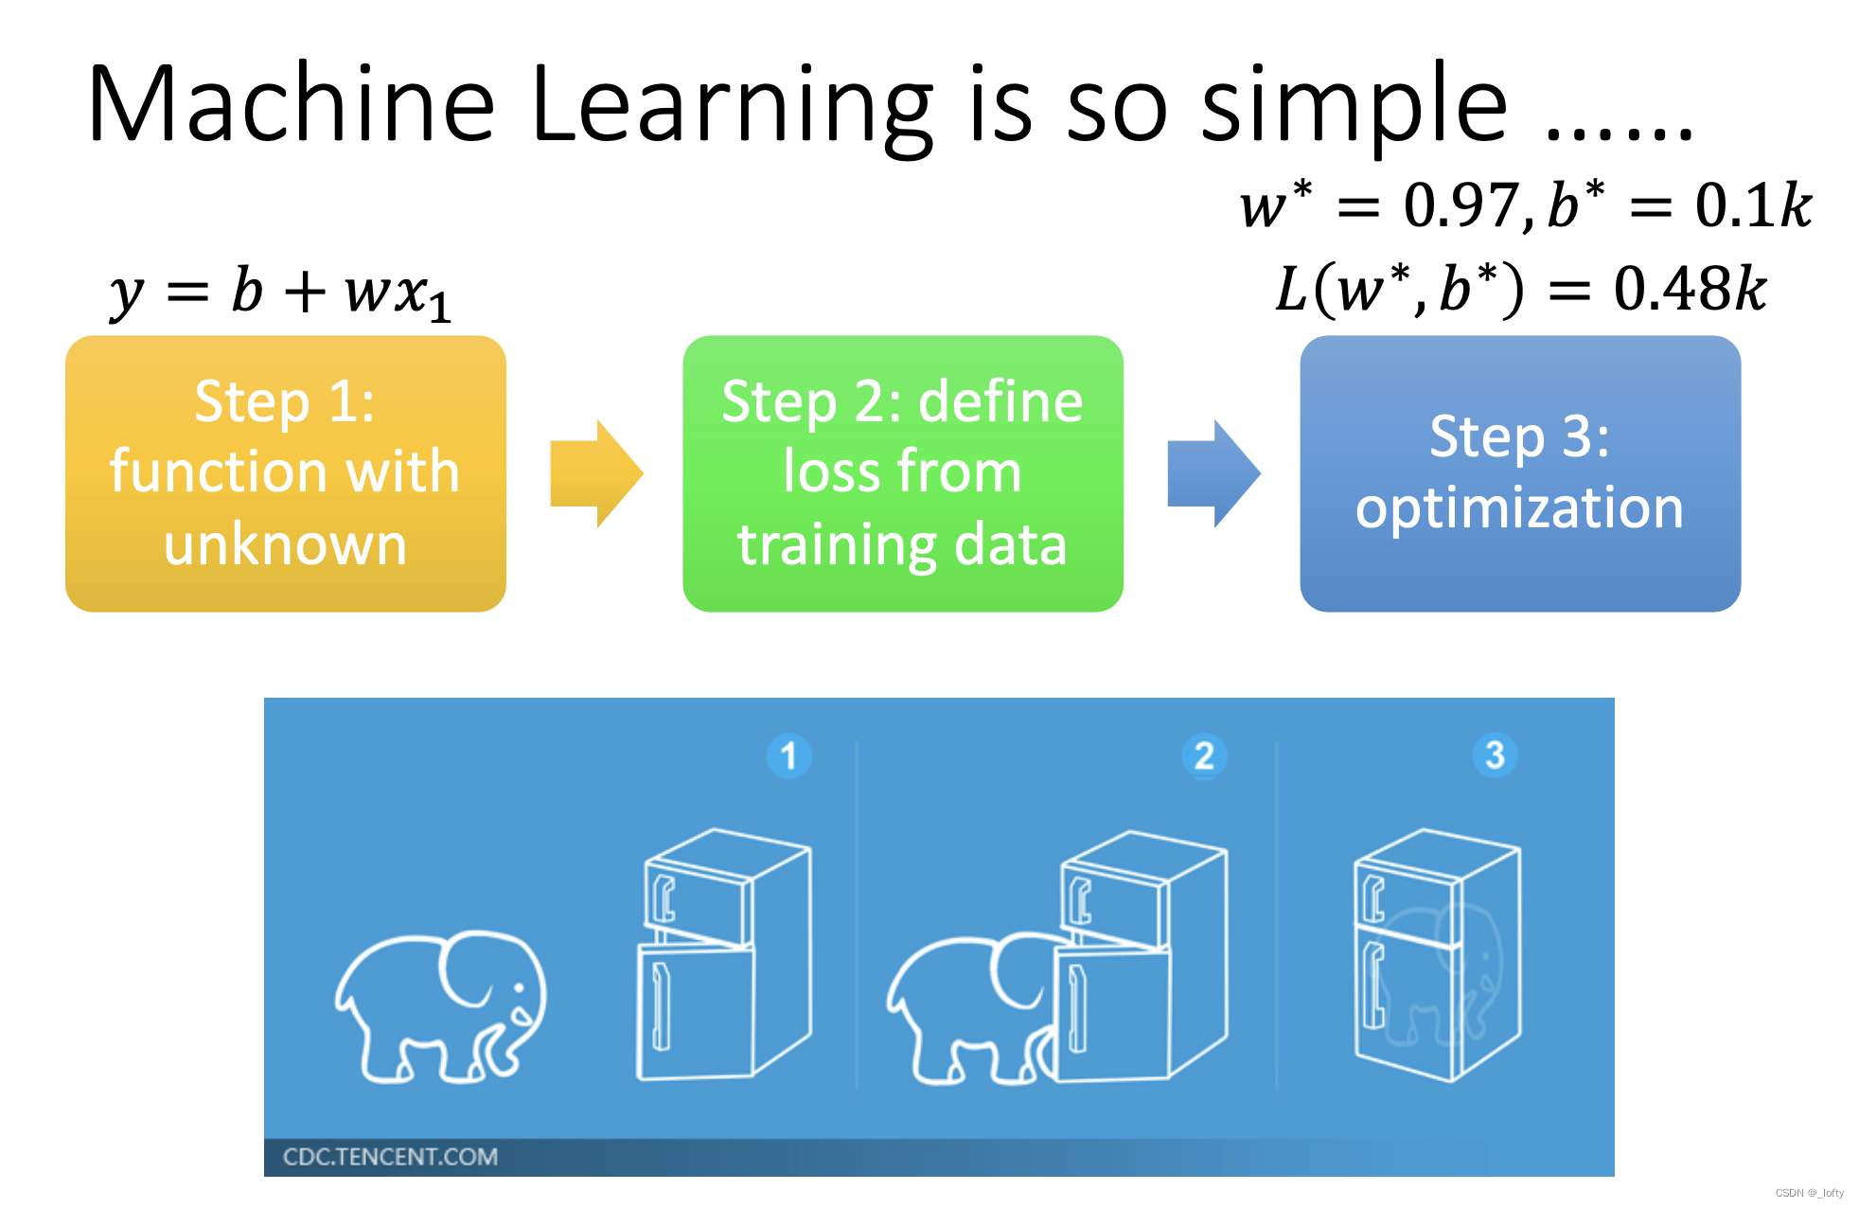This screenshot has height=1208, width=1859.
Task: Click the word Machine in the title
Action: tap(292, 104)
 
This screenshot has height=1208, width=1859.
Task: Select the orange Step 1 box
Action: tap(285, 473)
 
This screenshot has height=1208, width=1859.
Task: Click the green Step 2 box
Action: tap(902, 473)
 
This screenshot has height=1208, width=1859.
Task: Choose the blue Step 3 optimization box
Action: tap(1519, 473)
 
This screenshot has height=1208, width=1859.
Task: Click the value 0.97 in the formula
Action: tap(1460, 204)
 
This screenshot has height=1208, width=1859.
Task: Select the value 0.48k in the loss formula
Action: tap(1690, 289)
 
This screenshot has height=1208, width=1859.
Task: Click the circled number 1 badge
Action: tap(788, 756)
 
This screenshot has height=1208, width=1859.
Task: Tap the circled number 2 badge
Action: tap(1204, 756)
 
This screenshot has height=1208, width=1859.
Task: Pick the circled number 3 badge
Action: tap(1495, 755)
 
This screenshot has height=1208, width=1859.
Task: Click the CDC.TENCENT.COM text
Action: tap(390, 1157)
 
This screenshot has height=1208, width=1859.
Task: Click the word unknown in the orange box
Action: tap(285, 545)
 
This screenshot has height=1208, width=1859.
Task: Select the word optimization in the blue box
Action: tap(1519, 509)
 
